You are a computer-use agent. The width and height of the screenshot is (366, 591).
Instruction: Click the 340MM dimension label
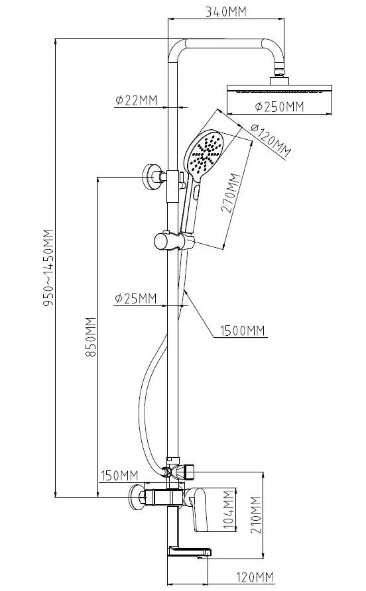225,12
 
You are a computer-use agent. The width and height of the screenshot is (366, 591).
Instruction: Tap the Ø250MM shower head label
279,107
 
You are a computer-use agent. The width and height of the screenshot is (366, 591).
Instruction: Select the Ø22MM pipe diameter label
136,100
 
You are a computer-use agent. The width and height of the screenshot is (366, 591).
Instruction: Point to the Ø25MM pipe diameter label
135,299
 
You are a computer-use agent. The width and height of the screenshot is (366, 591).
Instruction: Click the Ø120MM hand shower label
271,140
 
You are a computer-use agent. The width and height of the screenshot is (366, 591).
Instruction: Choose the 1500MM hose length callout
243,331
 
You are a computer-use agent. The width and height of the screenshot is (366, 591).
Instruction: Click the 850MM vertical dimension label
91,337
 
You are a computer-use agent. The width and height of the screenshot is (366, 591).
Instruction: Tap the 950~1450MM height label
49,268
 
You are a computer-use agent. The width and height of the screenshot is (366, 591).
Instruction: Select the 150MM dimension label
119,476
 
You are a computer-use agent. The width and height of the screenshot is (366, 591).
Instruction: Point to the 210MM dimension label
256,515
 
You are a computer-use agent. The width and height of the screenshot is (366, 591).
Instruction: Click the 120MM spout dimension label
255,577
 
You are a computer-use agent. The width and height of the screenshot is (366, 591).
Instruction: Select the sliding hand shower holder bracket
174,241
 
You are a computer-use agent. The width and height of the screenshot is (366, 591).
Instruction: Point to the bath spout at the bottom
188,551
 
